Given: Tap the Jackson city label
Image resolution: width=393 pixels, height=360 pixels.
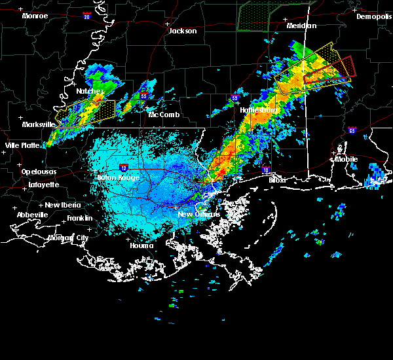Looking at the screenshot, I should click(183, 31).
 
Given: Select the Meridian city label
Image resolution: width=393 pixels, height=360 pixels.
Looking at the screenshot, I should click(301, 26).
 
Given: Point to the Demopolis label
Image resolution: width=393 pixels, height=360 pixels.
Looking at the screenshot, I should click(373, 17).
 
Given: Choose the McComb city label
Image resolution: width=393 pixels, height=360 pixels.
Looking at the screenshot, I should click(164, 115).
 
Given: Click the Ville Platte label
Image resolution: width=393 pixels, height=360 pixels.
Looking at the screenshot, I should click(21, 145).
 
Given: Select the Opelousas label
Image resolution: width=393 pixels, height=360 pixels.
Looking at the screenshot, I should click(39, 171).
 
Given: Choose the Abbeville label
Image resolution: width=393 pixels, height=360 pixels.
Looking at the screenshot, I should click(34, 215).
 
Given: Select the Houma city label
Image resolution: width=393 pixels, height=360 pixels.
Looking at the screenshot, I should click(141, 246).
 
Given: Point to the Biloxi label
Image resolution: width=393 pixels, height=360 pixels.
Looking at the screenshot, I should click(276, 179).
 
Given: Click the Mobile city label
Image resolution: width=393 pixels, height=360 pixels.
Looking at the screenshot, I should click(346, 159).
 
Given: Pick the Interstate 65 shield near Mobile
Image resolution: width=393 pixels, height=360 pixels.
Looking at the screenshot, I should click(352, 130).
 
